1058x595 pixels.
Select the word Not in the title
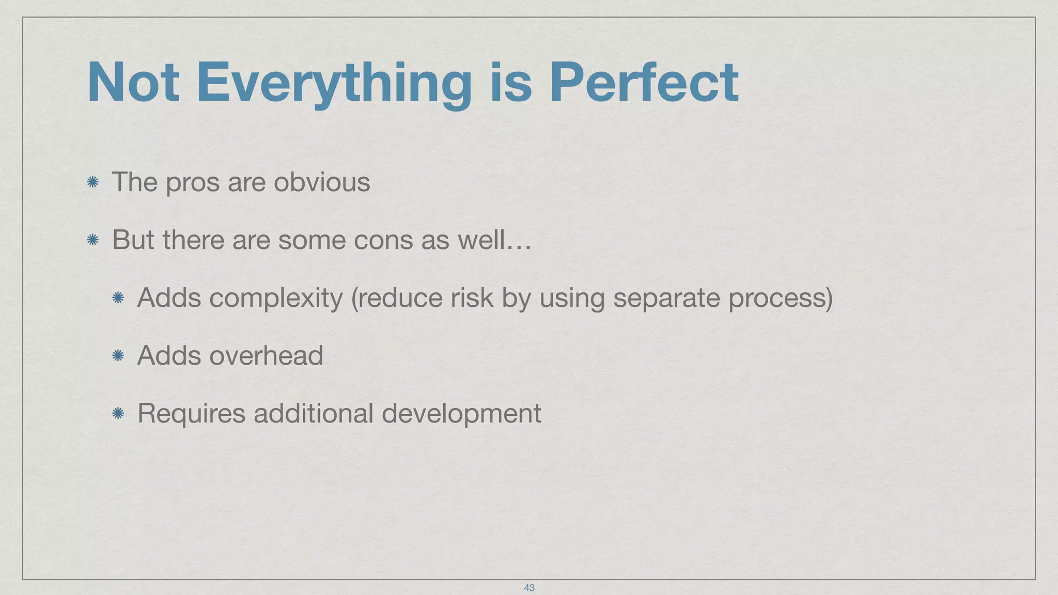coord(133,83)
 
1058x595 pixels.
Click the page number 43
coord(529,588)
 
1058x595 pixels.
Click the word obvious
coord(321,182)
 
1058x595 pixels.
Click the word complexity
coord(276,299)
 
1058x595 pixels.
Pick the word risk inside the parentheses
coord(472,298)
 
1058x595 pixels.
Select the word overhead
coord(266,355)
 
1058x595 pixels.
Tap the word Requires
coord(191,414)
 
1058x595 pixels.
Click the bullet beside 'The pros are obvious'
coord(93,182)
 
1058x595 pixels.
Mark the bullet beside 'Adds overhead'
coord(118,355)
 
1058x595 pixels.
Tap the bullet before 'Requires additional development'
coord(118,413)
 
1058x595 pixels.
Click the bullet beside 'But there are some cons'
coord(93,240)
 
